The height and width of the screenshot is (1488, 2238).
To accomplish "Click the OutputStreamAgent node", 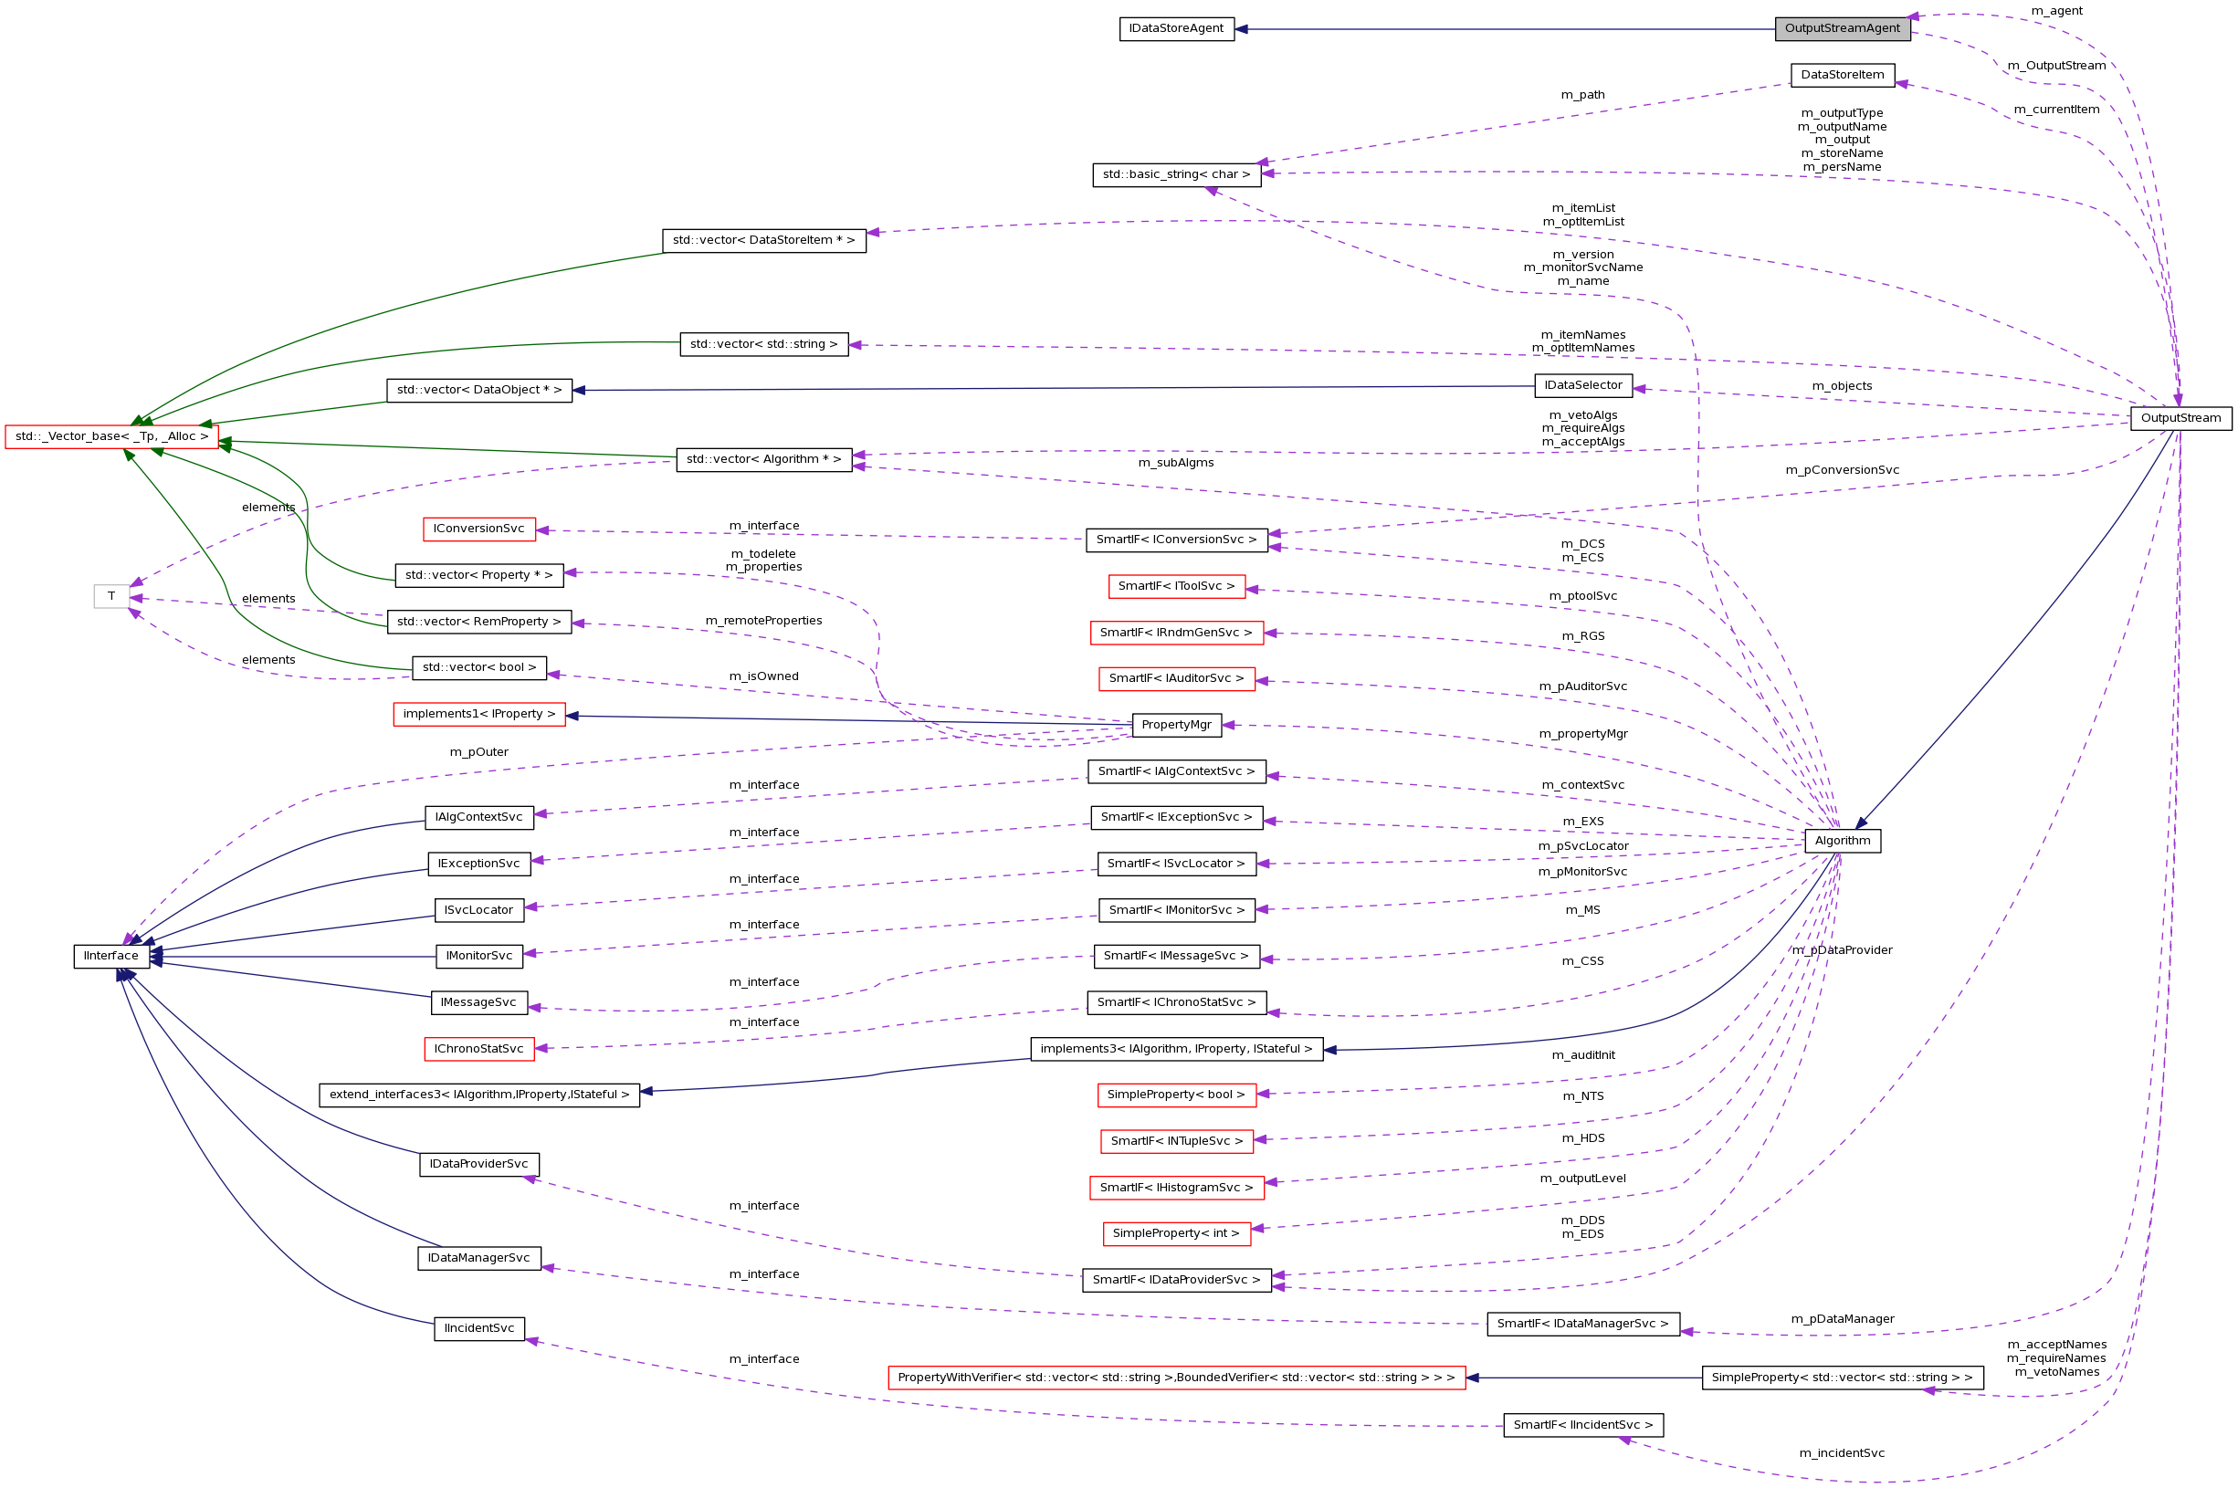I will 1842,28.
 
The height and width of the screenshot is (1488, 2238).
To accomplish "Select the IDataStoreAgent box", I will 1176,28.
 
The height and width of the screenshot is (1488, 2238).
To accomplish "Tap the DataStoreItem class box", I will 1842,75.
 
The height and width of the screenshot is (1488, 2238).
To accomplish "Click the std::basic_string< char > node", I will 1176,174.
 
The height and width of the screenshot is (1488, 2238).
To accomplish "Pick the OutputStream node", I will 2180,418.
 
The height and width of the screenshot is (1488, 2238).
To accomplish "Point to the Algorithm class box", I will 1842,841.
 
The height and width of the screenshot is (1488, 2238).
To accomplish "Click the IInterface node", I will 111,956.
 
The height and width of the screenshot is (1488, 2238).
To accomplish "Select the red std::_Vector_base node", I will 111,436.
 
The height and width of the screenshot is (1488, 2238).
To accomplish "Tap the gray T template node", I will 111,596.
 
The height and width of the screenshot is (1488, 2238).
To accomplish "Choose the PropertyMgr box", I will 1176,725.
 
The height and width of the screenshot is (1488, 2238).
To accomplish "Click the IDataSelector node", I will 1583,385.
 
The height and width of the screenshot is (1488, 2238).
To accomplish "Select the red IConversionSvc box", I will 478,529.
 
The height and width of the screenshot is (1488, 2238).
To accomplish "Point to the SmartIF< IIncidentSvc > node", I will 1582,1424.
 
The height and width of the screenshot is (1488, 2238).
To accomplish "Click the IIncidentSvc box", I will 478,1327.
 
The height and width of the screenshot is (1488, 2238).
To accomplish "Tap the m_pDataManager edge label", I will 1842,1318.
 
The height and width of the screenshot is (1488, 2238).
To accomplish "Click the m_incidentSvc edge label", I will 1842,1453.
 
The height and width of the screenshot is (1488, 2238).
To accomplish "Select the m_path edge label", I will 1582,95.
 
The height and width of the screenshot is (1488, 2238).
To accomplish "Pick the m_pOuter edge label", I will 478,751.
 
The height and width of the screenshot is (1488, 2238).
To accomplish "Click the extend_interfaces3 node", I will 478,1095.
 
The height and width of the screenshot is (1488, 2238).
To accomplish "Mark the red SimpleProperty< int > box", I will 1176,1232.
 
